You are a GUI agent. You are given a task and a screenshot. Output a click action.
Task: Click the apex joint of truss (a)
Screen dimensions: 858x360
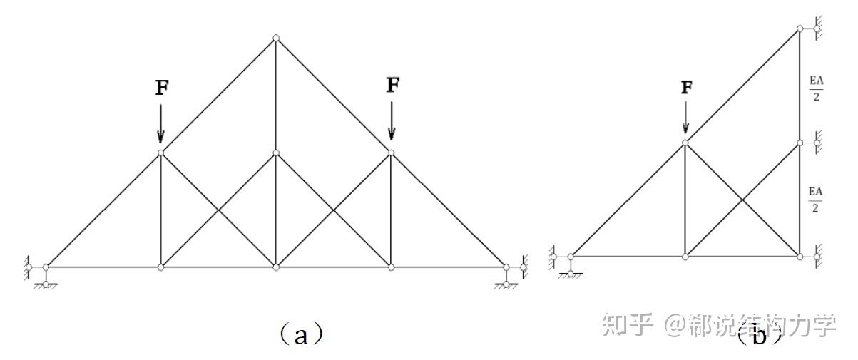pos(276,38)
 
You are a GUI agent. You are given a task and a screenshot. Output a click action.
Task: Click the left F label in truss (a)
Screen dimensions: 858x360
pos(163,88)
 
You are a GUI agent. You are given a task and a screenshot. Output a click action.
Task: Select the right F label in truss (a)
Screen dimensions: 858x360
pos(393,85)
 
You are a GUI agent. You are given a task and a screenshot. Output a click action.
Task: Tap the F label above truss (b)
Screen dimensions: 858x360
pos(686,88)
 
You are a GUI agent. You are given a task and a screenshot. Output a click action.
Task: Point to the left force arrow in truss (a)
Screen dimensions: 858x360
pos(160,122)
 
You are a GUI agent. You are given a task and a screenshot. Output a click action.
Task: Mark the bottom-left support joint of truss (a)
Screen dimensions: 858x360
pos(46,267)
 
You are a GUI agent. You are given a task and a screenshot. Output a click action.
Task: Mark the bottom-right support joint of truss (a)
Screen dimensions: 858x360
pos(506,267)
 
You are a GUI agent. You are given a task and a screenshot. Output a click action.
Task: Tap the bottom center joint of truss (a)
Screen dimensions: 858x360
pos(276,267)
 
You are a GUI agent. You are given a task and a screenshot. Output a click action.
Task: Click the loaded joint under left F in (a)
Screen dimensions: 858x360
pos(160,153)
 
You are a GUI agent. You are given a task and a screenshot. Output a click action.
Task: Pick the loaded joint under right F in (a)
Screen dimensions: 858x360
pos(391,153)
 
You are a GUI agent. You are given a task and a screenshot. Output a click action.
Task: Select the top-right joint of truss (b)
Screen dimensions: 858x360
pos(800,29)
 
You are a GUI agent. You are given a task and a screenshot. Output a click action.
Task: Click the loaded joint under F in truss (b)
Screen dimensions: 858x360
pos(685,143)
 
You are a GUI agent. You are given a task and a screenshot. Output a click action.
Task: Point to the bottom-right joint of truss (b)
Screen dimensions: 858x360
pos(800,256)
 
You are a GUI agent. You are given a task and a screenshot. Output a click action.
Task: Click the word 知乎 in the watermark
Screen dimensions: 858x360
pos(628,325)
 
